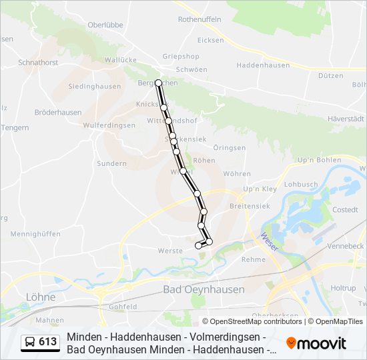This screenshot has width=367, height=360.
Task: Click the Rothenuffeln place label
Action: pos(199,20)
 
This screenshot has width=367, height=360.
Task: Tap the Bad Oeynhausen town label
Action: pos(204,289)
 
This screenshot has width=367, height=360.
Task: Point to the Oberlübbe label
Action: pos(105,25)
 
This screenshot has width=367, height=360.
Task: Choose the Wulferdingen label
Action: pos(109,125)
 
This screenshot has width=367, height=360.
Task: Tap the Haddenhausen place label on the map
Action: pos(264,65)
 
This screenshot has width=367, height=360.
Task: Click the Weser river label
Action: pos(270,241)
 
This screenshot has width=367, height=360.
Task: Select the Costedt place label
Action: pos(345,209)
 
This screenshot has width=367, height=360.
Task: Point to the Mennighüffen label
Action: pos(36,234)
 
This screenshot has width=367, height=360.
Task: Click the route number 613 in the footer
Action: pos(48,342)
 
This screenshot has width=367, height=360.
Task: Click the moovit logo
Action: pos(316,343)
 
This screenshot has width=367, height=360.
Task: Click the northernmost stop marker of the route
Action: pos(158,83)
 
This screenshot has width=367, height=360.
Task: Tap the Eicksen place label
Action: pos(211,40)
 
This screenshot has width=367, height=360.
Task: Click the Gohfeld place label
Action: pos(123,306)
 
